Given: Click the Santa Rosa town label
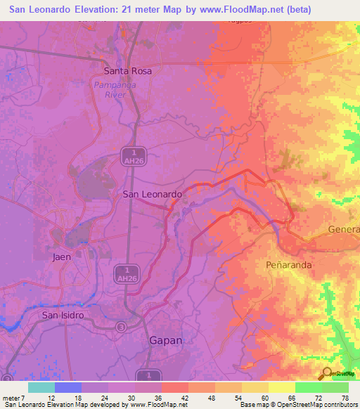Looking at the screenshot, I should (x=128, y=71).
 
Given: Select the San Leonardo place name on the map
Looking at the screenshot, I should (x=153, y=193).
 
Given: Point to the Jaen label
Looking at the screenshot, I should (x=62, y=257).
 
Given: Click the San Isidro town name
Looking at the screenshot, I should (x=63, y=315).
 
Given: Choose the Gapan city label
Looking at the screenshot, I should (x=166, y=340).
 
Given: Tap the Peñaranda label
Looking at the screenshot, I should (x=288, y=266).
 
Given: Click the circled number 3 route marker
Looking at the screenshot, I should (x=122, y=327).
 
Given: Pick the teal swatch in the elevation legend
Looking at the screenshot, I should (x=41, y=387).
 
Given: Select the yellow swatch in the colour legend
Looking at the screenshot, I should (x=281, y=387).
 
